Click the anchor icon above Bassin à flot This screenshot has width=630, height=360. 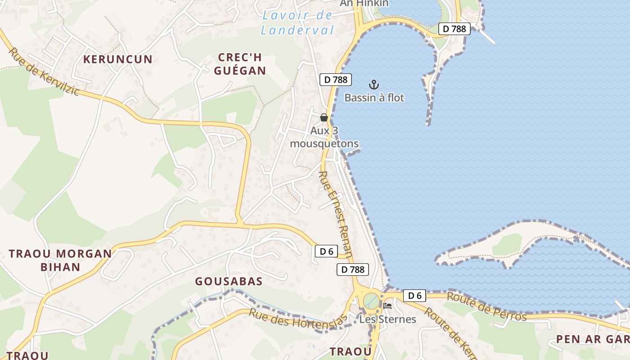pyautogui.click(x=373, y=84)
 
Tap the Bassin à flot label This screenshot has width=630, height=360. pyautogui.click(x=374, y=98)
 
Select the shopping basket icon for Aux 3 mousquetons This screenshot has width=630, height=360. pyautogui.click(x=324, y=117)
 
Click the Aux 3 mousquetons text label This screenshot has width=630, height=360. pyautogui.click(x=324, y=137)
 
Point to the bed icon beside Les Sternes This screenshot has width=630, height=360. pyautogui.click(x=387, y=306)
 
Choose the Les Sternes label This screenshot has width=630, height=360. pyautogui.click(x=387, y=319)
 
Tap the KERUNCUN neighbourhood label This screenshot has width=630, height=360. pyautogui.click(x=118, y=59)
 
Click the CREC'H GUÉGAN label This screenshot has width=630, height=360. pyautogui.click(x=240, y=64)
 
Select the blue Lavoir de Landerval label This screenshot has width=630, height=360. pyautogui.click(x=297, y=22)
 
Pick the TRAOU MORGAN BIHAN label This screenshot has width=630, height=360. pyautogui.click(x=60, y=260)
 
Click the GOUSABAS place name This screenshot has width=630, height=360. pyautogui.click(x=229, y=282)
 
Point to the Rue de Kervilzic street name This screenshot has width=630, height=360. pyautogui.click(x=44, y=71)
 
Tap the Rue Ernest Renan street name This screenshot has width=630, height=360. pyautogui.click(x=336, y=213)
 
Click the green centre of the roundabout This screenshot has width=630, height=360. pyautogui.click(x=372, y=301)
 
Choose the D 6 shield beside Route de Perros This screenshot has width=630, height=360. pyautogui.click(x=414, y=296)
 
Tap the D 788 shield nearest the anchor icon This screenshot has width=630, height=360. pyautogui.click(x=335, y=80)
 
